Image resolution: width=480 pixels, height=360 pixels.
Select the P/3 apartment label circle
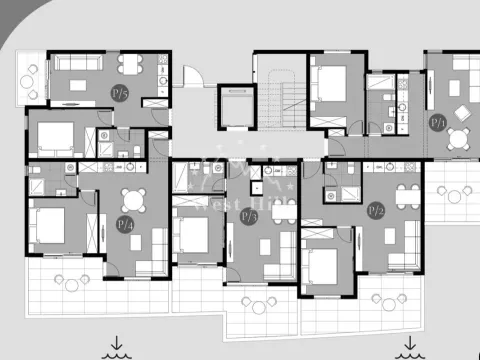[249, 216]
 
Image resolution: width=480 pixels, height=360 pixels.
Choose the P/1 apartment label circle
[437, 122]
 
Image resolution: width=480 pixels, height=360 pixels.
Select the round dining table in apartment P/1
[459, 138]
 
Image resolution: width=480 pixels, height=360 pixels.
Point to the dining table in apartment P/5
[131, 66]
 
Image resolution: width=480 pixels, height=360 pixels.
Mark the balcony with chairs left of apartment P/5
[30, 80]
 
